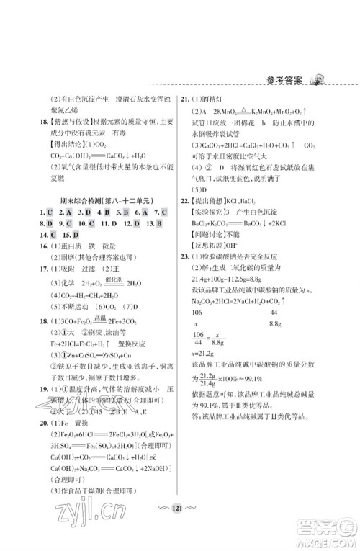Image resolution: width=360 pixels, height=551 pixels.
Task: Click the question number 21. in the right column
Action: coord(185,101)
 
